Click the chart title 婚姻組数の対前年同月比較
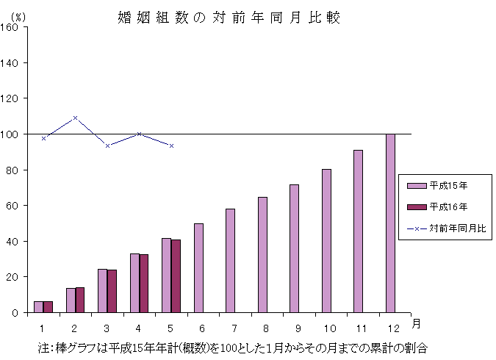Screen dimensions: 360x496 click(229, 18)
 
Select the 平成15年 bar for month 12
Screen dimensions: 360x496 click(390, 223)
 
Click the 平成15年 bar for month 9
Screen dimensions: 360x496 click(294, 248)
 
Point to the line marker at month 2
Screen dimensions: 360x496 click(75, 118)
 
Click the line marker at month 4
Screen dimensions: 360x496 click(139, 134)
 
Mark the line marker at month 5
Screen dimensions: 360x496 click(171, 145)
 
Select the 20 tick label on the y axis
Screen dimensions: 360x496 click(14, 277)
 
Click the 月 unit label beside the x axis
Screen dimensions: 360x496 click(416, 324)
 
